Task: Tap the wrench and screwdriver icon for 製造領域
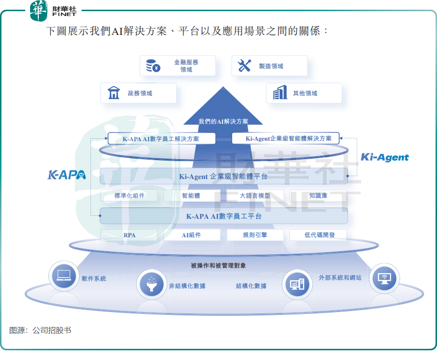244,65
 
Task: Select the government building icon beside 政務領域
114,93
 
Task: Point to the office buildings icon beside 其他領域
280,93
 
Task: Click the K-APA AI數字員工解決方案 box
161,139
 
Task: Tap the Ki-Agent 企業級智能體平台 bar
223,176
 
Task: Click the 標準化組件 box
129,196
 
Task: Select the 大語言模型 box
255,196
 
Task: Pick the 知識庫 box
318,196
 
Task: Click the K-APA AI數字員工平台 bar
223,216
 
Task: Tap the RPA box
129,235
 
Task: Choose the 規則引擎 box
255,235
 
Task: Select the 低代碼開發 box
318,235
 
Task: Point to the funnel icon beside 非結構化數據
151,284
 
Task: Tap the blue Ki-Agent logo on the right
385,157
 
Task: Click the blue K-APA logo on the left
67,175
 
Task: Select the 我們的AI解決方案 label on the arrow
223,121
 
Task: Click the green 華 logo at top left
38,11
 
